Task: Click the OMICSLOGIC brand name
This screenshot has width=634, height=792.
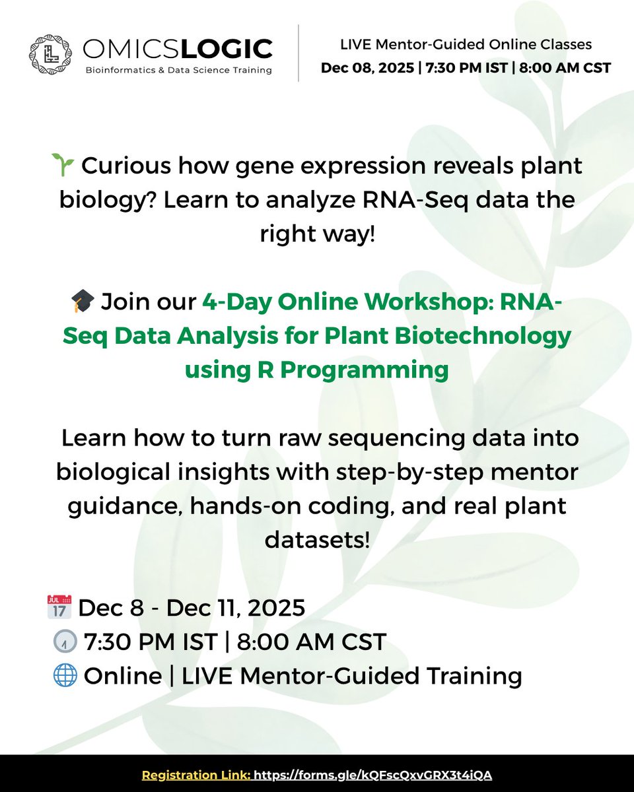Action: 178,48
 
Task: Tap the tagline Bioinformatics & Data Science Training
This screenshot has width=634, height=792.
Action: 178,71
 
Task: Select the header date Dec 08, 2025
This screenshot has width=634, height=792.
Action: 362,67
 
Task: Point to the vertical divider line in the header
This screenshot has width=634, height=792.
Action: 299,53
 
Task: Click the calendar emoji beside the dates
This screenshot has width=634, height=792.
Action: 59,607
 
